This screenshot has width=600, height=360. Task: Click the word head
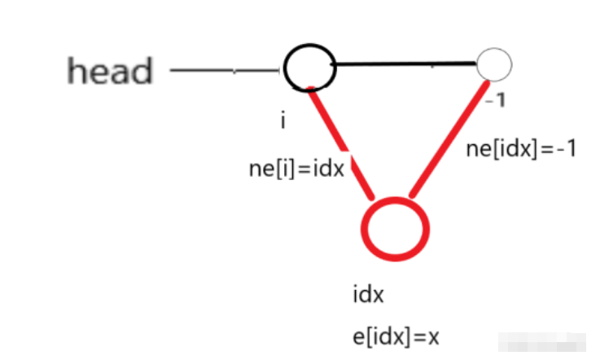[110, 71]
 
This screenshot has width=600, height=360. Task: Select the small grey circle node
[494, 63]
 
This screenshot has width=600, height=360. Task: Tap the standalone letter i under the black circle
[282, 121]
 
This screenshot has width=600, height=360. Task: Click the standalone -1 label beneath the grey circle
[493, 100]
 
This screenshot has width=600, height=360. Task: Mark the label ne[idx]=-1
[522, 150]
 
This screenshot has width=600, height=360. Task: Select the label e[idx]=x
[387, 336]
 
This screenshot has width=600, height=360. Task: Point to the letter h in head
[77, 71]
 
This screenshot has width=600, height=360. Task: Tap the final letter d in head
[142, 71]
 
